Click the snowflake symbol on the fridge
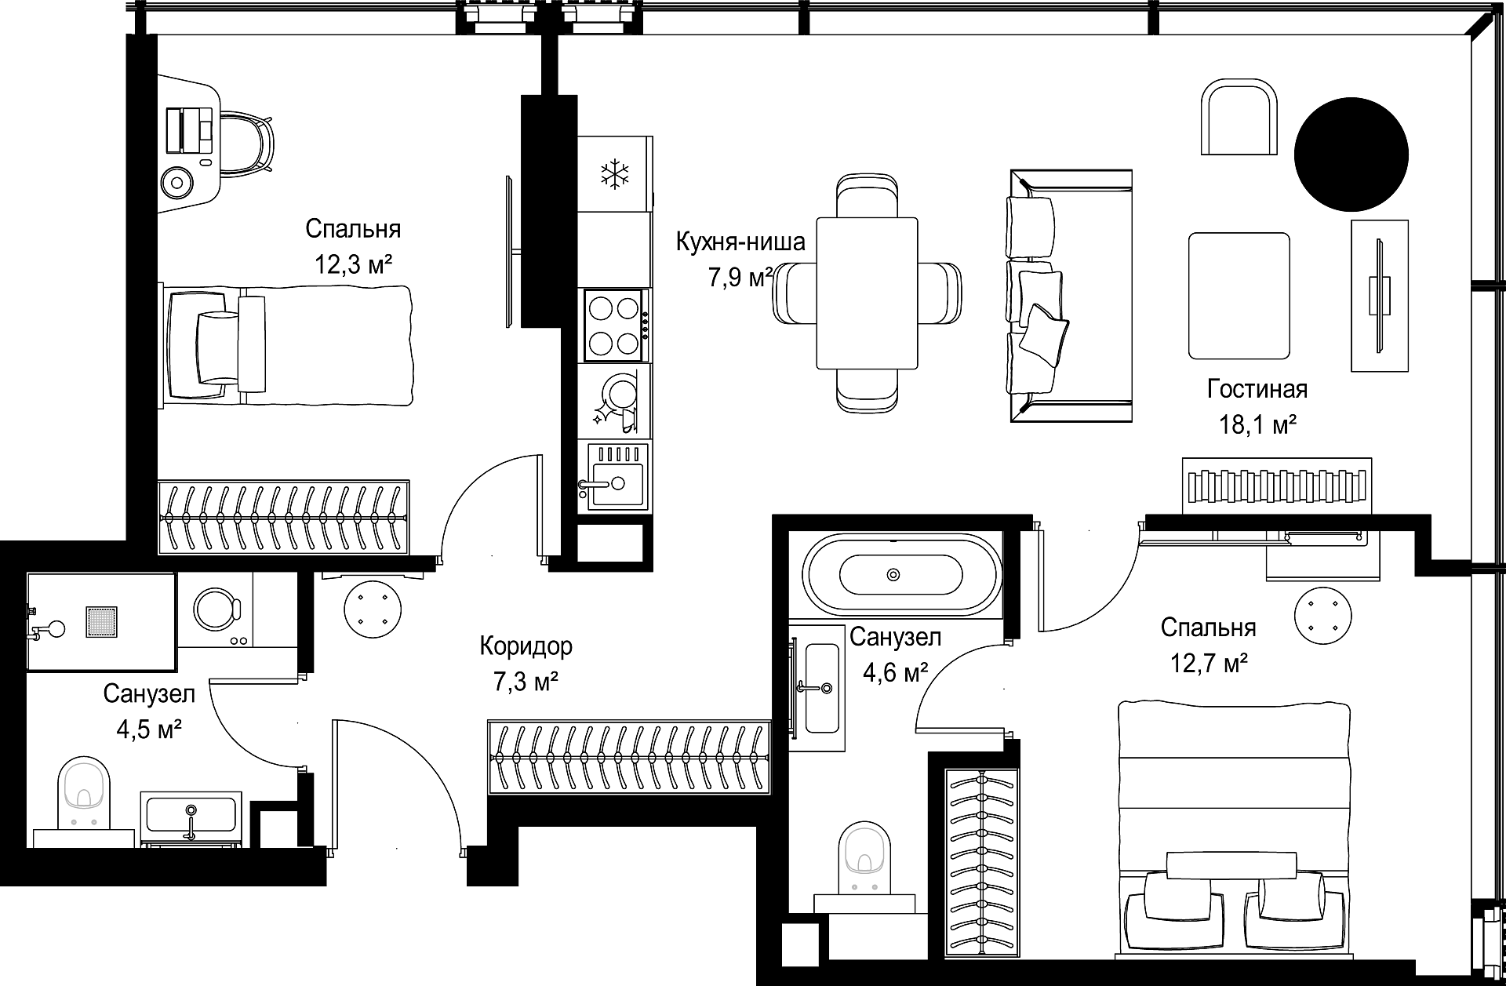[614, 174]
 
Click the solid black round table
[1351, 155]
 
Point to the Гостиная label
[1257, 388]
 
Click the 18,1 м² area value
[1257, 426]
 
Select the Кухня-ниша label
[740, 242]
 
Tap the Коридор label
[526, 646]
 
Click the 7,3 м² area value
[526, 682]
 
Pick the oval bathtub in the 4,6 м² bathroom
[901, 575]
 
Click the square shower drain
[101, 620]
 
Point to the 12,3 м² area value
[353, 264]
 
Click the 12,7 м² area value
[1209, 664]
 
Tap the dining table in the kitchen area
[867, 293]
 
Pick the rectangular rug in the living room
[1239, 295]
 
